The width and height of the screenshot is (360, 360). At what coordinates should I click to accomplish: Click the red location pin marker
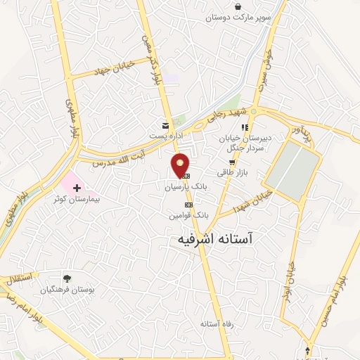pos(181,165)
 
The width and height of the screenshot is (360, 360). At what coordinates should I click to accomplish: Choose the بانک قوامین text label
pos(188,215)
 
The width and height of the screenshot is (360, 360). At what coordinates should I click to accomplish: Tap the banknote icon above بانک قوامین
pos(188,204)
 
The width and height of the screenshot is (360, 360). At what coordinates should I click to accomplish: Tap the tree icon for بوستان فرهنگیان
pos(67,278)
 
